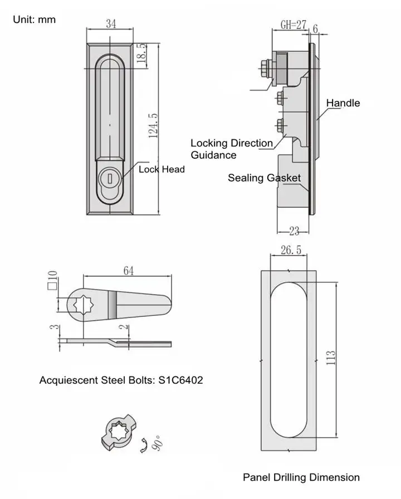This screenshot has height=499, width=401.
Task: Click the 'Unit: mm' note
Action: [35, 19]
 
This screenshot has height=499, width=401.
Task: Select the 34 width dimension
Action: [110, 23]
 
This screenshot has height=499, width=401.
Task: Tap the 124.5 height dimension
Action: [154, 125]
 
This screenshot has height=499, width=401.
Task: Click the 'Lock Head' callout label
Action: [162, 169]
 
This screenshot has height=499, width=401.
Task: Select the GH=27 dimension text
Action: [294, 25]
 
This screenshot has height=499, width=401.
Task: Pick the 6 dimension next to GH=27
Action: [315, 28]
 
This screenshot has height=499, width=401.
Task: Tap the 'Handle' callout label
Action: [343, 103]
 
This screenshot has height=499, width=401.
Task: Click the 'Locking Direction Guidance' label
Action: [231, 149]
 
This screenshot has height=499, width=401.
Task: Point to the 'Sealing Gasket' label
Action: [264, 178]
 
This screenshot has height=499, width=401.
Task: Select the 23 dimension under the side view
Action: [294, 229]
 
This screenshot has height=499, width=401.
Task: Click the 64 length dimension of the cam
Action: [128, 271]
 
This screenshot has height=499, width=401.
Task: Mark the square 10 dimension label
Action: [52, 282]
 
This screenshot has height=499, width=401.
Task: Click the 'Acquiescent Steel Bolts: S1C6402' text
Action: [121, 381]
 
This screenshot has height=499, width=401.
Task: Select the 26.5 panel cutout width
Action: [291, 251]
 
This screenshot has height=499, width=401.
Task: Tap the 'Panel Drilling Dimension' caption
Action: [301, 477]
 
